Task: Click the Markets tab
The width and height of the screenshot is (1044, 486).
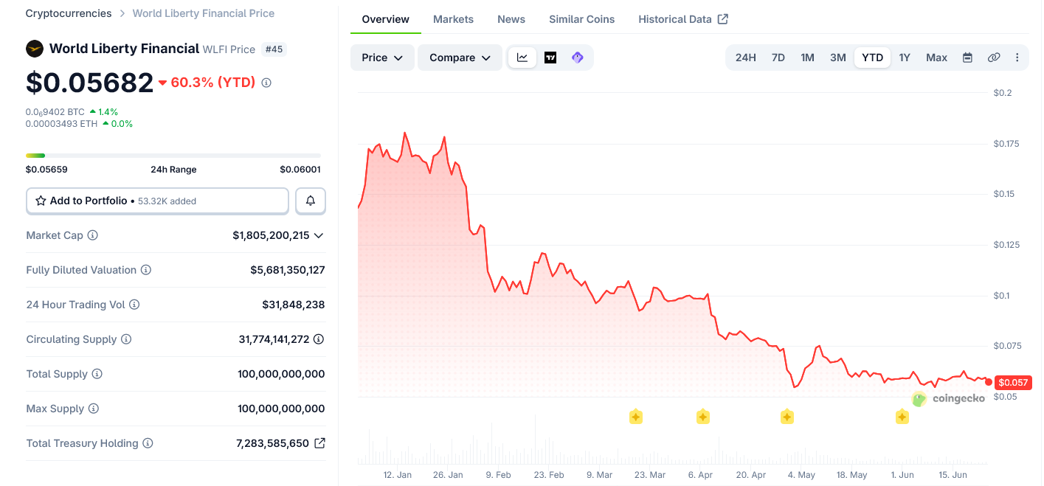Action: click(453, 19)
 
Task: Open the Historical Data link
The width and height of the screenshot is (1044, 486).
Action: click(682, 19)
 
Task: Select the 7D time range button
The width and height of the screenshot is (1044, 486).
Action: click(778, 58)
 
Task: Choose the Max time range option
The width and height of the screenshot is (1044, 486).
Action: click(936, 58)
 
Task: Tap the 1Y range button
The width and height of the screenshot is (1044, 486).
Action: click(904, 58)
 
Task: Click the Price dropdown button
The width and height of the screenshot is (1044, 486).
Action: click(382, 58)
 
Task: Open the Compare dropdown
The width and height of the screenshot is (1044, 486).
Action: click(460, 58)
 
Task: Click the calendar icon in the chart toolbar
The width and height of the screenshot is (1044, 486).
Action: click(967, 58)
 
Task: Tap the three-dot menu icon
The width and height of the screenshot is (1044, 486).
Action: click(1017, 58)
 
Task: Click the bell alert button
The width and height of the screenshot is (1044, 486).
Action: click(311, 201)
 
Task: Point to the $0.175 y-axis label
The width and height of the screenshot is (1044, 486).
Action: click(1006, 144)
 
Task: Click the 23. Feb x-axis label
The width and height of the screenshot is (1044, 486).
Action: click(549, 475)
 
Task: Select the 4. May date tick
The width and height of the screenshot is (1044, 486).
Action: click(801, 475)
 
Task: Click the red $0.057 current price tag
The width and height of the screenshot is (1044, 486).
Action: click(1013, 383)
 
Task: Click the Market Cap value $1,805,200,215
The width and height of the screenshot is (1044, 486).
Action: click(271, 235)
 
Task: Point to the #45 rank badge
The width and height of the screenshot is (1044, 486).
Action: click(274, 49)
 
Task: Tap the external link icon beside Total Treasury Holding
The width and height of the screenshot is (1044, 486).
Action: click(319, 443)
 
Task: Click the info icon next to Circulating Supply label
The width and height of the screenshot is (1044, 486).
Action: click(126, 339)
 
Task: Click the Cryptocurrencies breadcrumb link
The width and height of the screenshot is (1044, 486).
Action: click(69, 13)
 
